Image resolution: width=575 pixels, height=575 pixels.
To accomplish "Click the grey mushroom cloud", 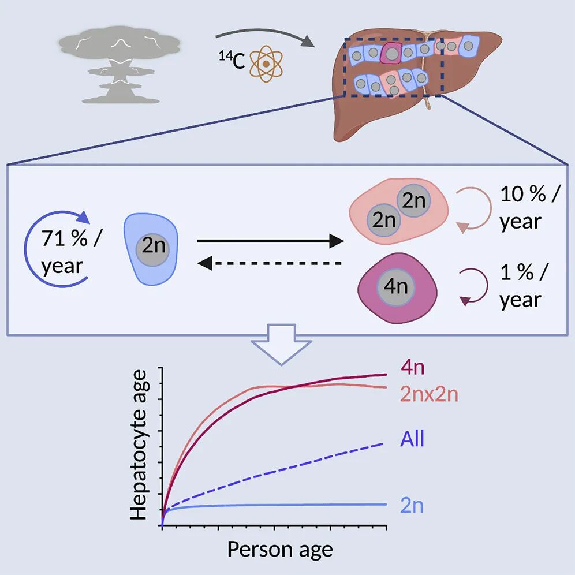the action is pos(119,65).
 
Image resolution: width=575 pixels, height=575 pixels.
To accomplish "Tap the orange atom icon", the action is pos(266,64).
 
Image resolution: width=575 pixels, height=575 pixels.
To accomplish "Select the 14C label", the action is pos(232,60).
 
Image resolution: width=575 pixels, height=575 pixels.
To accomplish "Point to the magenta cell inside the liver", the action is pos(391,53).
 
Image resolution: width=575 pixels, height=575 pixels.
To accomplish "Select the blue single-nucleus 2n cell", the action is pos(151,249).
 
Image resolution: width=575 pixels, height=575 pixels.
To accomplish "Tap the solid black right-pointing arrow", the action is pos(270,241).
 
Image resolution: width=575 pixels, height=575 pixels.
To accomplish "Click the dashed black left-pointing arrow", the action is pos(270,263).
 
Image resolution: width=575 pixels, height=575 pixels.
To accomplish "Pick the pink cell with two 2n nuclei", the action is pos(398,211).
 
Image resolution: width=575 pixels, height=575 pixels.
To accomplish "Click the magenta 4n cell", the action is pos(397,288).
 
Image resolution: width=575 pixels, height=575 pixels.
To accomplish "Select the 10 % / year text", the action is pos(531,208).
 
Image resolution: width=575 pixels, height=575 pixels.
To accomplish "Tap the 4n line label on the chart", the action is pos(413,367).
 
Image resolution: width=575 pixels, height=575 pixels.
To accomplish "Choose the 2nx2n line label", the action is pos(429,394).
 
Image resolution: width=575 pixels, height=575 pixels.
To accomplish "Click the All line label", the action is pos(412,438).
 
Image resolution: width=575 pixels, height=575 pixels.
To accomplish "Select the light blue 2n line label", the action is pos(412,506).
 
